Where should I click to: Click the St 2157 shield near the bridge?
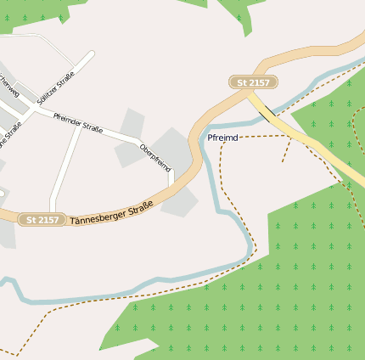click(x=254, y=82)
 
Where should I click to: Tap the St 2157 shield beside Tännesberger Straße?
click(x=42, y=220)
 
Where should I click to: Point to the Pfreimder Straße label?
click(x=78, y=123)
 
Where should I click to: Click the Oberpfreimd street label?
click(x=156, y=158)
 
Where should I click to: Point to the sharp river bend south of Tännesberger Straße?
click(x=250, y=246)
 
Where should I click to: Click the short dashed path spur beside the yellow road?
click(x=287, y=150)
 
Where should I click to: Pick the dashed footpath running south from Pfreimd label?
click(x=220, y=178)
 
